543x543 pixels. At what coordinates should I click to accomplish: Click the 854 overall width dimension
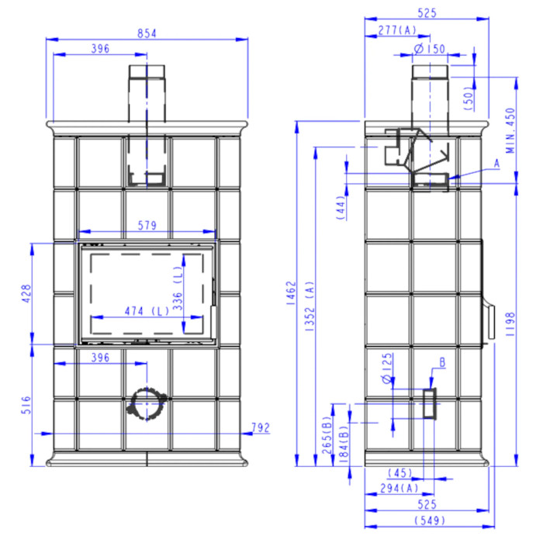(147, 33)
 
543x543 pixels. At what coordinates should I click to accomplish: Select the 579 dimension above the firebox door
(147, 226)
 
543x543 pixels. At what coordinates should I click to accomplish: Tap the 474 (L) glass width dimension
(147, 311)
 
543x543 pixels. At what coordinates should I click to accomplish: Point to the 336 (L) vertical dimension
(178, 288)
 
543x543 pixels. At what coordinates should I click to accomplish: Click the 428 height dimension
(26, 294)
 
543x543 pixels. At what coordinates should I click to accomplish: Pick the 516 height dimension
(26, 405)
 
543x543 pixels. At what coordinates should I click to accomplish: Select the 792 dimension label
(261, 428)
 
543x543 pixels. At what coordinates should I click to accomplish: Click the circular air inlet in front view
(147, 404)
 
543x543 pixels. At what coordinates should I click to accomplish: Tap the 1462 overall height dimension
(291, 293)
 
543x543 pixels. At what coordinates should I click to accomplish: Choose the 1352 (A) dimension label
(310, 306)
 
